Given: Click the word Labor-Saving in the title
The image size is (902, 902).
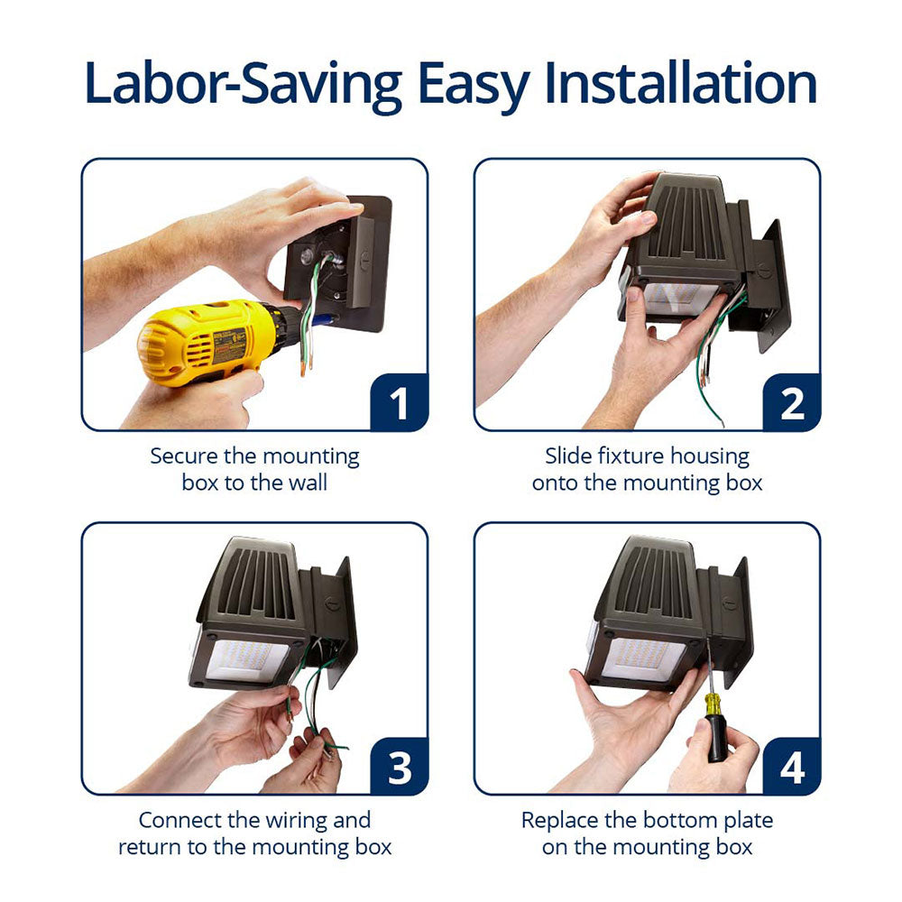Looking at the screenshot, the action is (243, 85).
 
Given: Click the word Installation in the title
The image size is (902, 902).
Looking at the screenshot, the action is (680, 83).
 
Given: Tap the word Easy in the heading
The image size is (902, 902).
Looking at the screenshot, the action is (473, 87).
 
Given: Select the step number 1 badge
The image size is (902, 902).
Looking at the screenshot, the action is (399, 402).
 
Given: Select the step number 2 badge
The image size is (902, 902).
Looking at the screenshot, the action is (791, 402).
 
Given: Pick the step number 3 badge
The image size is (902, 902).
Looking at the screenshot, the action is (399, 766).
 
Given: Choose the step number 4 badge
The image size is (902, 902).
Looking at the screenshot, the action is (791, 766).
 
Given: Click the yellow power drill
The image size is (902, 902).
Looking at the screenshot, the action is (213, 342).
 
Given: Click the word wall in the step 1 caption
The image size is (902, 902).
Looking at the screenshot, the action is (308, 482).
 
